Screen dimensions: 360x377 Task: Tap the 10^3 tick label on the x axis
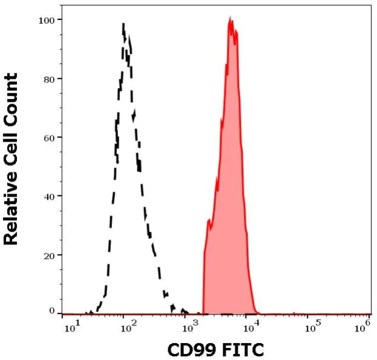pos(190,327)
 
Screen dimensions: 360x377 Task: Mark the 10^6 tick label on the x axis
pos(363,327)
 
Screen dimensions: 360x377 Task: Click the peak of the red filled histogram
pos(231,19)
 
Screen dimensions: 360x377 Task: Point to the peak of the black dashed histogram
pos(123,24)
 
